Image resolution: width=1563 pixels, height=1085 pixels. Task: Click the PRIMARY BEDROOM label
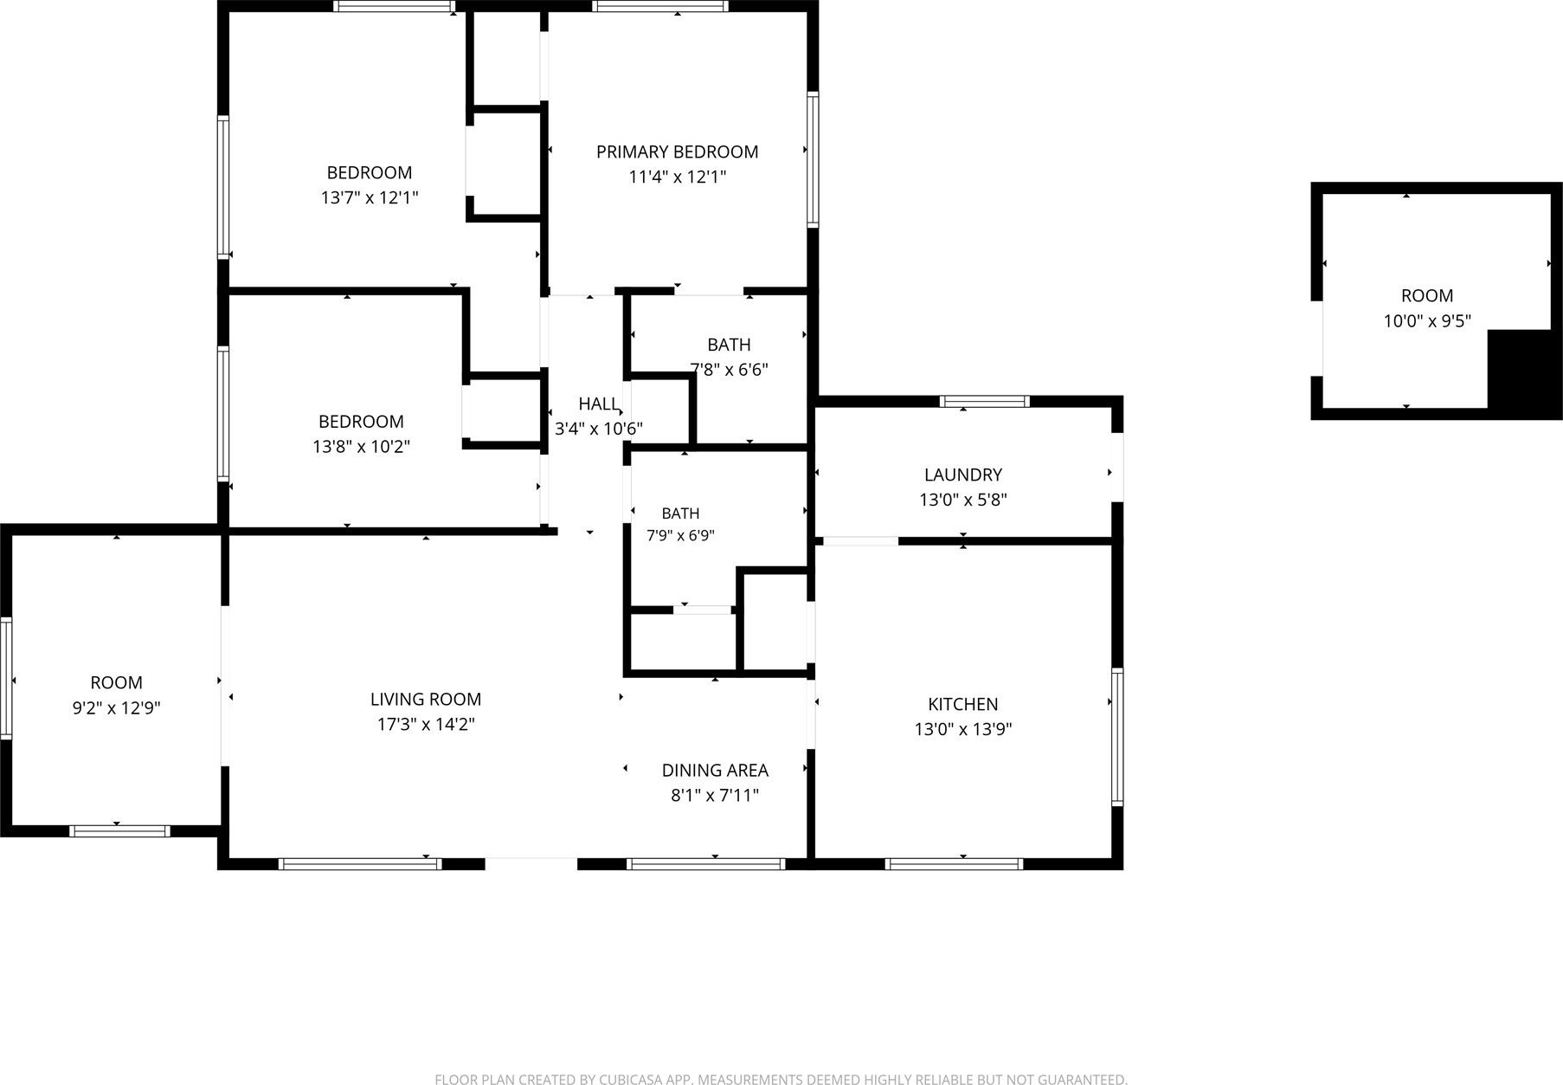pyautogui.click(x=677, y=152)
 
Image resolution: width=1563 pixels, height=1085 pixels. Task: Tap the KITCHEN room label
pyautogui.click(x=962, y=705)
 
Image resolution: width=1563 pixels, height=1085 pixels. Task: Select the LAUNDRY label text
pyautogui.click(x=962, y=475)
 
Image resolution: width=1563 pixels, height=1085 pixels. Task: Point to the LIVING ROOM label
pyautogui.click(x=426, y=700)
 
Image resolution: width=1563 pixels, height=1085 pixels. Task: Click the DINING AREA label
pyautogui.click(x=715, y=771)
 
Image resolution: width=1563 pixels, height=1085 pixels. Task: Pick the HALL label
pyautogui.click(x=599, y=404)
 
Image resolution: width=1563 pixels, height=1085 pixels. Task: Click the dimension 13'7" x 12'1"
pyautogui.click(x=370, y=198)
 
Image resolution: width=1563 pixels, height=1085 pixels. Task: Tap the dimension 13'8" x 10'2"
pyautogui.click(x=361, y=448)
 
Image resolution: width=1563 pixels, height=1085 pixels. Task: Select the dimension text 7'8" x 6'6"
pyautogui.click(x=729, y=370)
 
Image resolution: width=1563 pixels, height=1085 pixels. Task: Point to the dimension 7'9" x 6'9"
pyautogui.click(x=680, y=536)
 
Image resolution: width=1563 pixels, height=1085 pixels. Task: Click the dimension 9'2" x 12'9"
pyautogui.click(x=116, y=708)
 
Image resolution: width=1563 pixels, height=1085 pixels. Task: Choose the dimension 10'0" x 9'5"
pyautogui.click(x=1427, y=321)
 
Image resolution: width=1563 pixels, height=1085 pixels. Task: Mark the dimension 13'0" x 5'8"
pyautogui.click(x=962, y=501)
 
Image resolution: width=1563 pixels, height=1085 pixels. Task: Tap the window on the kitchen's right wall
pyautogui.click(x=1117, y=738)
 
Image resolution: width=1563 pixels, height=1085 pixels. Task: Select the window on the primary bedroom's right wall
pyautogui.click(x=813, y=159)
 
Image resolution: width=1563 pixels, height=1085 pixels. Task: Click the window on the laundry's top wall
pyautogui.click(x=985, y=402)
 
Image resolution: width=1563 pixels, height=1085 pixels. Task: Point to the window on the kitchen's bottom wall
pyautogui.click(x=955, y=864)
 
